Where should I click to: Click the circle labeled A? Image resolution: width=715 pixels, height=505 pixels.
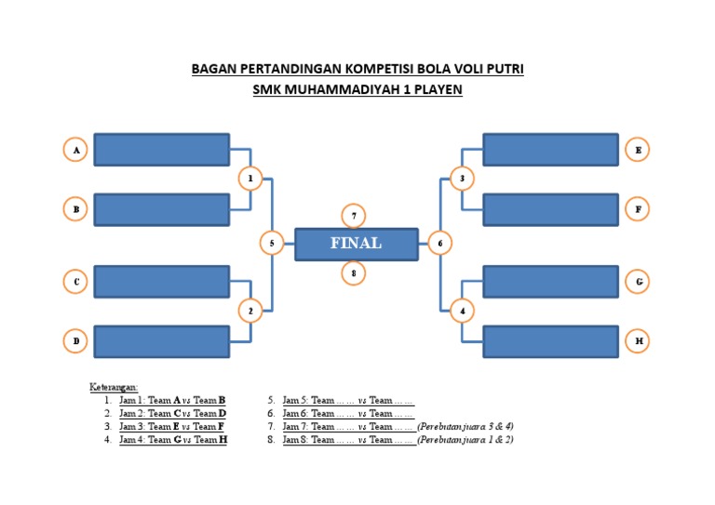[x=76, y=150]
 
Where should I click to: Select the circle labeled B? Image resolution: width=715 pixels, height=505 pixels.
[x=76, y=210]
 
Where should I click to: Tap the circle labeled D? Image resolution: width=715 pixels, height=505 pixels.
[x=76, y=341]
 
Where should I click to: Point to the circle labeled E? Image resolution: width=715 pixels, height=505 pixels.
[x=638, y=150]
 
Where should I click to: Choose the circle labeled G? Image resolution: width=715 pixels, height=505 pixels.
[x=638, y=281]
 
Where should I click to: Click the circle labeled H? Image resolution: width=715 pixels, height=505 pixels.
[x=638, y=341]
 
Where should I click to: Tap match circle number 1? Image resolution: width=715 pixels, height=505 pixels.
[x=250, y=179]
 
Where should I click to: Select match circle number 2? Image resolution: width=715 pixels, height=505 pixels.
[x=250, y=311]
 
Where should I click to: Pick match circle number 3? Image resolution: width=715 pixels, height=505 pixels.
[x=463, y=179]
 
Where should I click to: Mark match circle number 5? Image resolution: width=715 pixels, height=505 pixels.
[x=271, y=244]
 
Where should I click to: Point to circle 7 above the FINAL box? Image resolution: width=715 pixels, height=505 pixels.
[x=353, y=216]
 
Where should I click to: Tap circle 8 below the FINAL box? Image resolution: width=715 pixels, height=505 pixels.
[x=353, y=272]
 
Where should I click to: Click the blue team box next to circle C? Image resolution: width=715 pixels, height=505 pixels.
[x=161, y=281]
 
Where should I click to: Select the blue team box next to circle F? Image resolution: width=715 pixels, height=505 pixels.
[x=550, y=210]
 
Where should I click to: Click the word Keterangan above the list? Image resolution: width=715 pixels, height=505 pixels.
[x=114, y=387]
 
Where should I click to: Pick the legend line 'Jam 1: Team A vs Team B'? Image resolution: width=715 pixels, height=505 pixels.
[x=173, y=400]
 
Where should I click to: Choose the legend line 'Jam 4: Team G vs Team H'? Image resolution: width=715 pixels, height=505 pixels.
[x=173, y=440]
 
